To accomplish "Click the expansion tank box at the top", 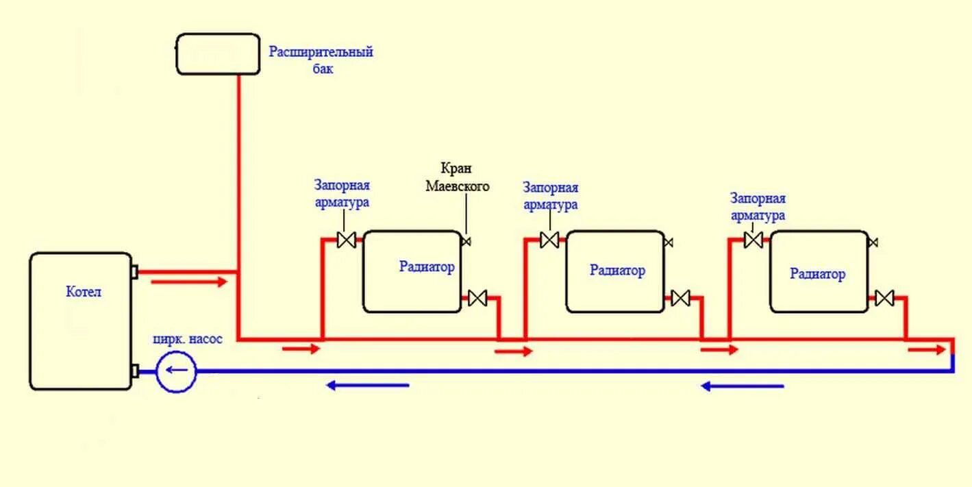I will click(218, 53).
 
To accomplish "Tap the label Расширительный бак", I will click(321, 60).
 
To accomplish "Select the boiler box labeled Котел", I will click(81, 321).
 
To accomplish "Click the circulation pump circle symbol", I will click(177, 372).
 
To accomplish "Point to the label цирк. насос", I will click(188, 339).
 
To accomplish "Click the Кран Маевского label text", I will click(458, 177).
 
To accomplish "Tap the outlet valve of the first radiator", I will click(477, 298).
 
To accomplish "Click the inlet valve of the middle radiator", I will click(549, 240).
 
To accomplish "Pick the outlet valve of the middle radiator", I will click(680, 298).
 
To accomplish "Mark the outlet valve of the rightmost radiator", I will click(884, 298).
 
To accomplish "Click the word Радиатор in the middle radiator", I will click(617, 271).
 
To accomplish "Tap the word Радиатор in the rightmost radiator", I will click(817, 274).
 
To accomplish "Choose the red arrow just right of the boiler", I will click(188, 281).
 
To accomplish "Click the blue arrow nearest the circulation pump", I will click(367, 385).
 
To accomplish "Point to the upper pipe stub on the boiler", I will click(134, 272).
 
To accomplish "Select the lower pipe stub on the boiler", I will click(134, 371).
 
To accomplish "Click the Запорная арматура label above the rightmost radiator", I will click(758, 207).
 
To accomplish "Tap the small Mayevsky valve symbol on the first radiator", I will click(466, 241).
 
